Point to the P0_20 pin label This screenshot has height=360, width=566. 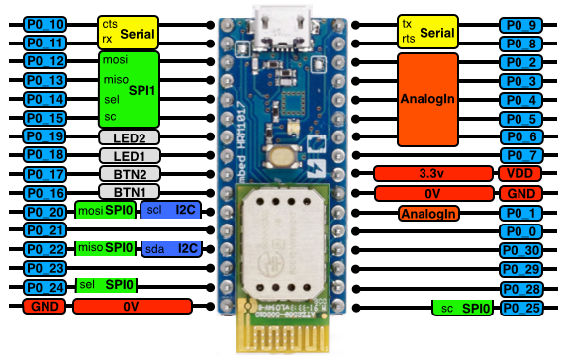pyautogui.click(x=43, y=211)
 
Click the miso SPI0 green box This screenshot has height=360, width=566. pyautogui.click(x=105, y=247)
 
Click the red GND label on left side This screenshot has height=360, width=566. pyautogui.click(x=43, y=307)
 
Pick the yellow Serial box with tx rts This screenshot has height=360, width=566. pyautogui.click(x=428, y=32)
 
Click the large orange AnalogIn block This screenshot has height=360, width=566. pyautogui.click(x=428, y=99)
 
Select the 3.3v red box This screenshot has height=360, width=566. pyautogui.click(x=432, y=173)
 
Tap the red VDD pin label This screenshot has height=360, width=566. pyautogui.click(x=521, y=173)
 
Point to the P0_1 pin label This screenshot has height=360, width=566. pyautogui.click(x=521, y=213)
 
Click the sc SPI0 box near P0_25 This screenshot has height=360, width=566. pyautogui.click(x=463, y=309)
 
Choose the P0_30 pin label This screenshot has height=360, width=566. pyautogui.click(x=521, y=250)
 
